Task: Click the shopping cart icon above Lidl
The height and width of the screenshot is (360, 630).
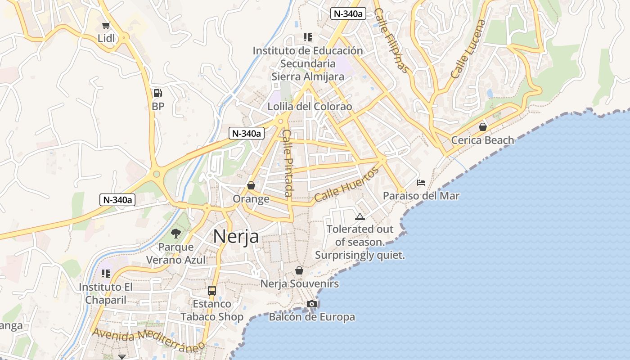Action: pyautogui.click(x=106, y=26)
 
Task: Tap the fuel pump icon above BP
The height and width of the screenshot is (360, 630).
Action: pyautogui.click(x=158, y=93)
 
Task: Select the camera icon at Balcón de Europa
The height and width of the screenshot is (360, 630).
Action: pyautogui.click(x=311, y=304)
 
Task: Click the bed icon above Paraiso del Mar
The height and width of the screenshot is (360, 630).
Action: pyautogui.click(x=421, y=183)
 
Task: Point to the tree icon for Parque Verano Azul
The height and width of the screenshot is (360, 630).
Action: pyautogui.click(x=176, y=234)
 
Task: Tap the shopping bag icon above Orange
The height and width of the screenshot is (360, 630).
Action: pyautogui.click(x=251, y=185)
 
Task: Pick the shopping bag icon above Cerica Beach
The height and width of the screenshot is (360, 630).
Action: pyautogui.click(x=483, y=127)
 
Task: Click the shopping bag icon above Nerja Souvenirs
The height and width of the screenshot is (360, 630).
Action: pyautogui.click(x=299, y=270)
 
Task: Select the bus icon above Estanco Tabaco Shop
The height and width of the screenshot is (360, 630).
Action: pyautogui.click(x=212, y=290)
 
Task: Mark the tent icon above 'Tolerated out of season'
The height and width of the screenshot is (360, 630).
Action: pyautogui.click(x=360, y=216)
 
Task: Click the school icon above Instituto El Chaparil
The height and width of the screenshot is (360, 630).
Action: pyautogui.click(x=106, y=274)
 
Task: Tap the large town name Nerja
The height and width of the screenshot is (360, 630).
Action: pyautogui.click(x=236, y=236)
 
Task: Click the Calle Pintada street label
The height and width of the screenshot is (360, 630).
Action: pyautogui.click(x=288, y=163)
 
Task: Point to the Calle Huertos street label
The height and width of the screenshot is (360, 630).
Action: pyautogui.click(x=347, y=184)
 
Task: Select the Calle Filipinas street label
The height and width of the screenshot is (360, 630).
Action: pyautogui.click(x=392, y=40)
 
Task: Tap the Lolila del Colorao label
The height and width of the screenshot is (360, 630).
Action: pyautogui.click(x=310, y=107)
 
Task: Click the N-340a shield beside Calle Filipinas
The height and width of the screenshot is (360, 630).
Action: pyautogui.click(x=347, y=13)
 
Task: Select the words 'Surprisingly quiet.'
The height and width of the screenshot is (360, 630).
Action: pyautogui.click(x=360, y=255)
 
